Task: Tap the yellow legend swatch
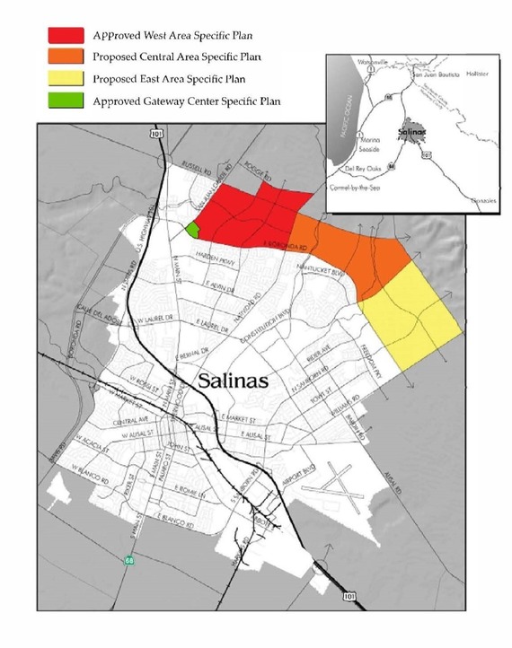coord(64,79)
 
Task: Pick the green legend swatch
coord(64,101)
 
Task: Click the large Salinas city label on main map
coord(232,379)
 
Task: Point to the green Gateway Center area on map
coord(192,229)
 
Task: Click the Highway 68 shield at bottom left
coord(129,560)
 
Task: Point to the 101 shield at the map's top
coord(159,134)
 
